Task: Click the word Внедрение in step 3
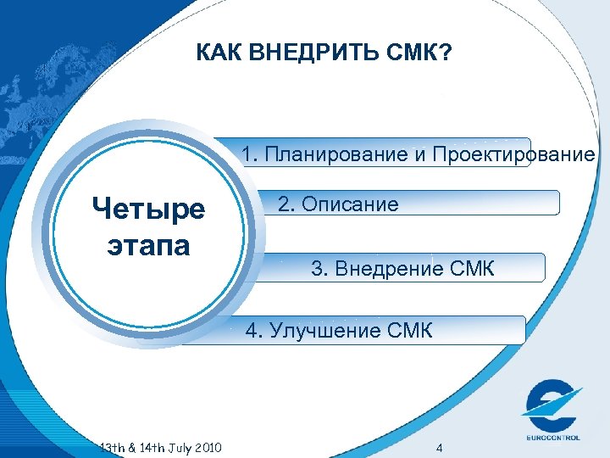(x=389, y=270)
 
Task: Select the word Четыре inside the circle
(x=149, y=209)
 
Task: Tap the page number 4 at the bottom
(x=438, y=447)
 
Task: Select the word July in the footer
(x=173, y=447)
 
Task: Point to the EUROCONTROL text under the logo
(x=552, y=438)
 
